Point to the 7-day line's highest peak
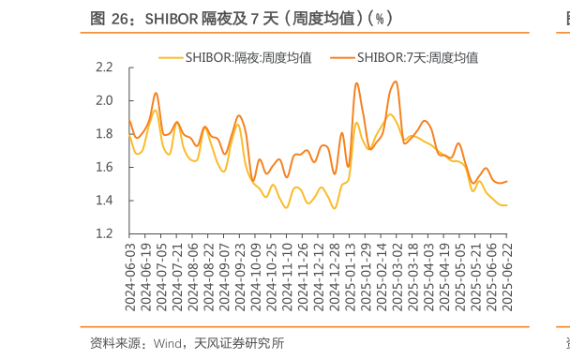click(396, 82)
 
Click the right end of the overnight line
click(506, 205)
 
